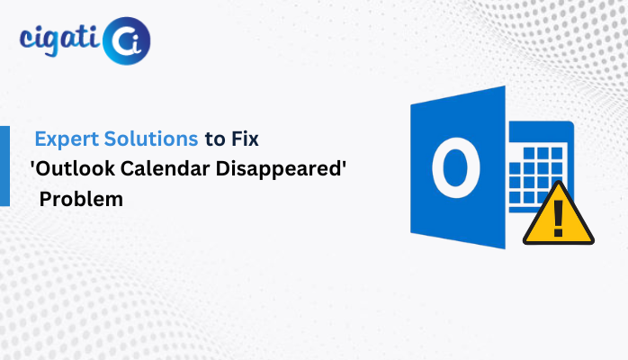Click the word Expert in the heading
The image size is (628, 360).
67,139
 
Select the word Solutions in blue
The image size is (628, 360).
151,139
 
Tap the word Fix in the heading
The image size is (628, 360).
245,139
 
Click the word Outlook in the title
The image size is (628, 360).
76,168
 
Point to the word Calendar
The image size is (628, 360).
165,168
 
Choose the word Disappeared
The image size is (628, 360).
278,168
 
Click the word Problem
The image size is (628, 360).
81,199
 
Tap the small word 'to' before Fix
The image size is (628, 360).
215,139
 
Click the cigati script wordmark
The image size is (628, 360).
59,40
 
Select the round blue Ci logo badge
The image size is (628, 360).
127,40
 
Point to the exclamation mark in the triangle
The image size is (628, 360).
559,219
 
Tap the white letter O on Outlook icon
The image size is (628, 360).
456,167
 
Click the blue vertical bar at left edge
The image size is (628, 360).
4,166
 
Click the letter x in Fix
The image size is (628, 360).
253,141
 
